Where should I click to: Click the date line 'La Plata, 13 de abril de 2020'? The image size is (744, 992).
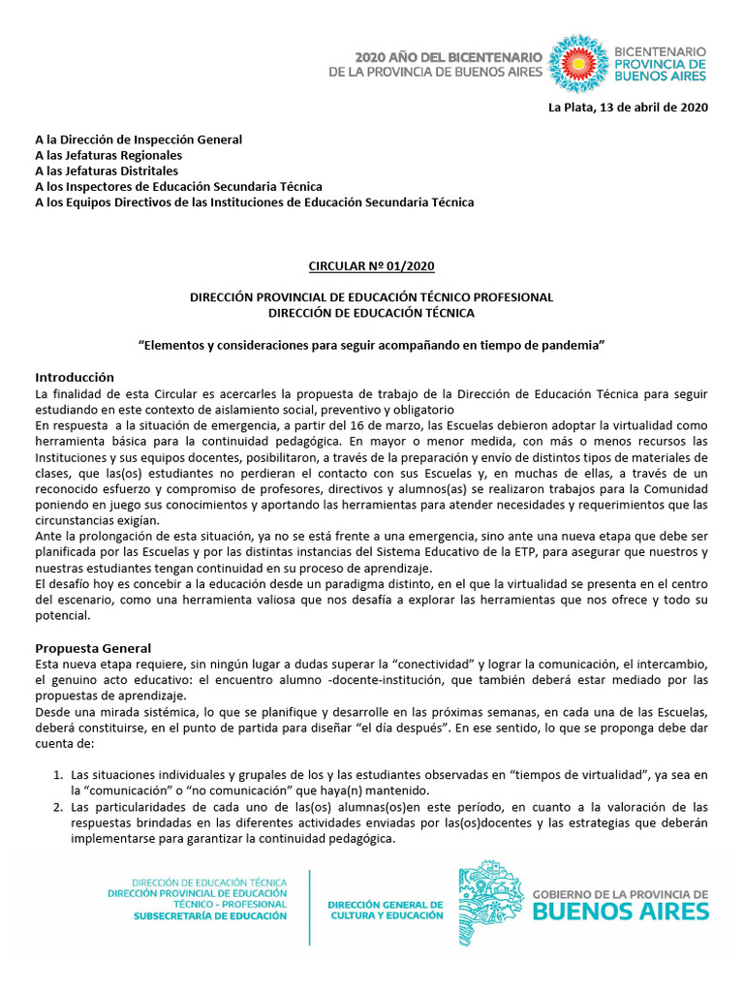628,107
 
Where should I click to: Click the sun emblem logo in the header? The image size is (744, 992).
578,63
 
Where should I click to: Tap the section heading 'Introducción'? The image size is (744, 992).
75,377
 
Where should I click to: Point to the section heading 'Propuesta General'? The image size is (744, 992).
93,647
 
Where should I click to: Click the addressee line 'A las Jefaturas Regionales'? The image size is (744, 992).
108,155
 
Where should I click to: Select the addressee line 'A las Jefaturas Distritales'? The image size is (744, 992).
107,170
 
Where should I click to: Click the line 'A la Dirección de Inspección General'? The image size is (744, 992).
139,139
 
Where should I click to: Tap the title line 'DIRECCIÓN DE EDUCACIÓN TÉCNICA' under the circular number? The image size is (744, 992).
371,312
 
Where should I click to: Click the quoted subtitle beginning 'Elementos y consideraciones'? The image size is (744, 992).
371,345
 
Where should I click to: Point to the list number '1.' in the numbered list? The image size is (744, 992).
58,774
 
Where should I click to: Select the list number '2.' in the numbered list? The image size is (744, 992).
58,807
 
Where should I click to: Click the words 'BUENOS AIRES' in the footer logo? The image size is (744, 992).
621,911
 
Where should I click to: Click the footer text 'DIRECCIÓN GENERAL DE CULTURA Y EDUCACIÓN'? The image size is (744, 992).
385,910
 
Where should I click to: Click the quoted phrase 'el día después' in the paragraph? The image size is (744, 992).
405,727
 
